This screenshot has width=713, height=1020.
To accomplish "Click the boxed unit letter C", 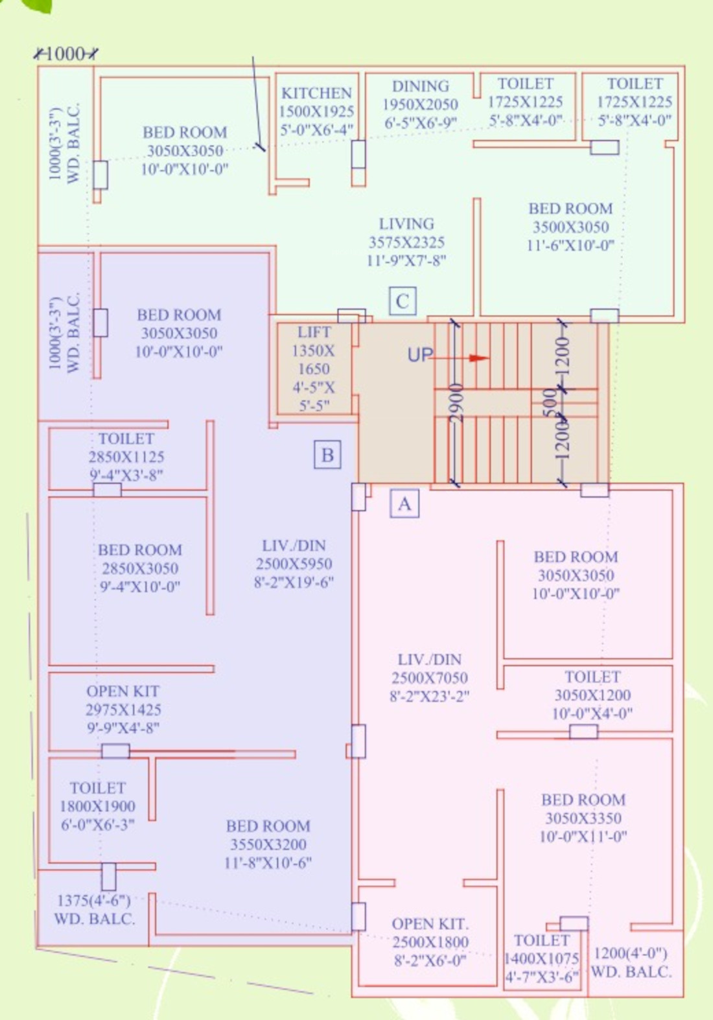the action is point(403,301).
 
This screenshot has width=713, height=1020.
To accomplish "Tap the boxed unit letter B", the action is point(327,454).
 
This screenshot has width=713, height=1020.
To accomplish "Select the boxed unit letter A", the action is point(404,504).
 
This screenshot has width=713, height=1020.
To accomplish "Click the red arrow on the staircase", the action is point(459,358).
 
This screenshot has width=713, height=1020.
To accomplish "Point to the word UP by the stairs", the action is point(420,355).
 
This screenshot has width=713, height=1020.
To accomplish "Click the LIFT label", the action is point(314,332).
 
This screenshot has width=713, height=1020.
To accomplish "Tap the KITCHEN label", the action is point(316,93).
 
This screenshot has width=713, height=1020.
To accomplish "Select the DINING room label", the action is point(421,86).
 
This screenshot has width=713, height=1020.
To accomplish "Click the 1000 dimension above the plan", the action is point(65,54).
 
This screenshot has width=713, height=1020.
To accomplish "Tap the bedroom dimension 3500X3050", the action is point(571,227).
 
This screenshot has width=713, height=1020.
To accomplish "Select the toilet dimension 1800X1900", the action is point(97,806).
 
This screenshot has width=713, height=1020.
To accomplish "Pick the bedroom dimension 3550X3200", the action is point(268,844).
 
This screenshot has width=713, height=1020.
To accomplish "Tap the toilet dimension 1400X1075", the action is point(542,958).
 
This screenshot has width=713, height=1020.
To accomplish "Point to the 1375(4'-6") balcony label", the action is point(94,900).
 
